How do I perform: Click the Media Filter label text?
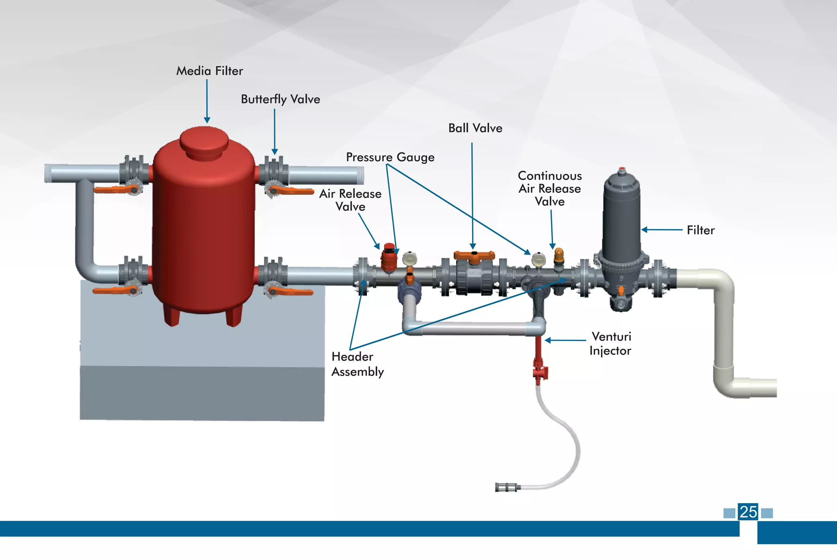click(x=209, y=71)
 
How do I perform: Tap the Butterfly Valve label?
click(x=280, y=99)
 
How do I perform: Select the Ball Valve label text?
click(x=475, y=128)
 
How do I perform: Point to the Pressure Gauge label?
click(x=390, y=157)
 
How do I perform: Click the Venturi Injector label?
click(x=611, y=344)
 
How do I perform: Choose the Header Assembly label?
click(x=358, y=364)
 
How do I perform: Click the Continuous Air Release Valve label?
click(x=550, y=188)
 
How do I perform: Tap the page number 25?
click(x=748, y=512)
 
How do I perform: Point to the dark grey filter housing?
click(x=621, y=221)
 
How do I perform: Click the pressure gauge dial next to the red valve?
click(x=410, y=259)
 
